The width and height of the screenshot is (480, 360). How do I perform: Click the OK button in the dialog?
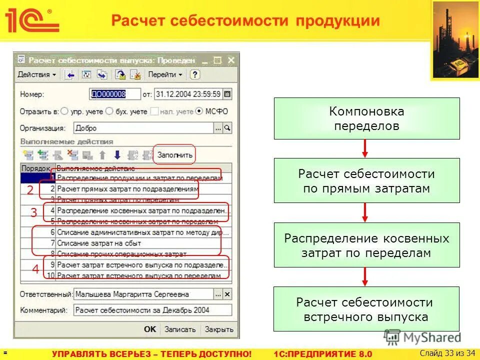[x=150, y=329]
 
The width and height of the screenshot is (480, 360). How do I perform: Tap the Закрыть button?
[x=219, y=329]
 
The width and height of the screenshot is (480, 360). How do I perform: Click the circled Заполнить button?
[x=174, y=155]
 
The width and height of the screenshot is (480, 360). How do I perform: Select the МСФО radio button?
[x=200, y=111]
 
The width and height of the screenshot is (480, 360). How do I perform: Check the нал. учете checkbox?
[x=155, y=111]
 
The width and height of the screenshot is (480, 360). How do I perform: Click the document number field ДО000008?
[x=108, y=93]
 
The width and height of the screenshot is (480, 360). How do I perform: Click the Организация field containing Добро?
[x=143, y=128]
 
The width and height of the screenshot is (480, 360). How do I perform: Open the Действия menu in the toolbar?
[x=36, y=74]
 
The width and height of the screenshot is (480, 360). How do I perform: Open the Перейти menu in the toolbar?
[x=165, y=74]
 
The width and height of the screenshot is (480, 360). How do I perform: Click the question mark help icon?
[x=195, y=74]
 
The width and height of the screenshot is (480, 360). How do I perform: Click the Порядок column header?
[x=36, y=168]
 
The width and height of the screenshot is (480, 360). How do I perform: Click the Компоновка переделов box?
[x=366, y=118]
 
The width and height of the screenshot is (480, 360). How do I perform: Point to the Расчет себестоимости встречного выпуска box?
[x=366, y=309]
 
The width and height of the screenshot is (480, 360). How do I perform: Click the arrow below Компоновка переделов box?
[x=365, y=148]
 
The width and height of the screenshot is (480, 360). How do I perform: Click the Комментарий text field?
[x=152, y=310]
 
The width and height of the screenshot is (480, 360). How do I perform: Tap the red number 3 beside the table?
[x=33, y=212]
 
